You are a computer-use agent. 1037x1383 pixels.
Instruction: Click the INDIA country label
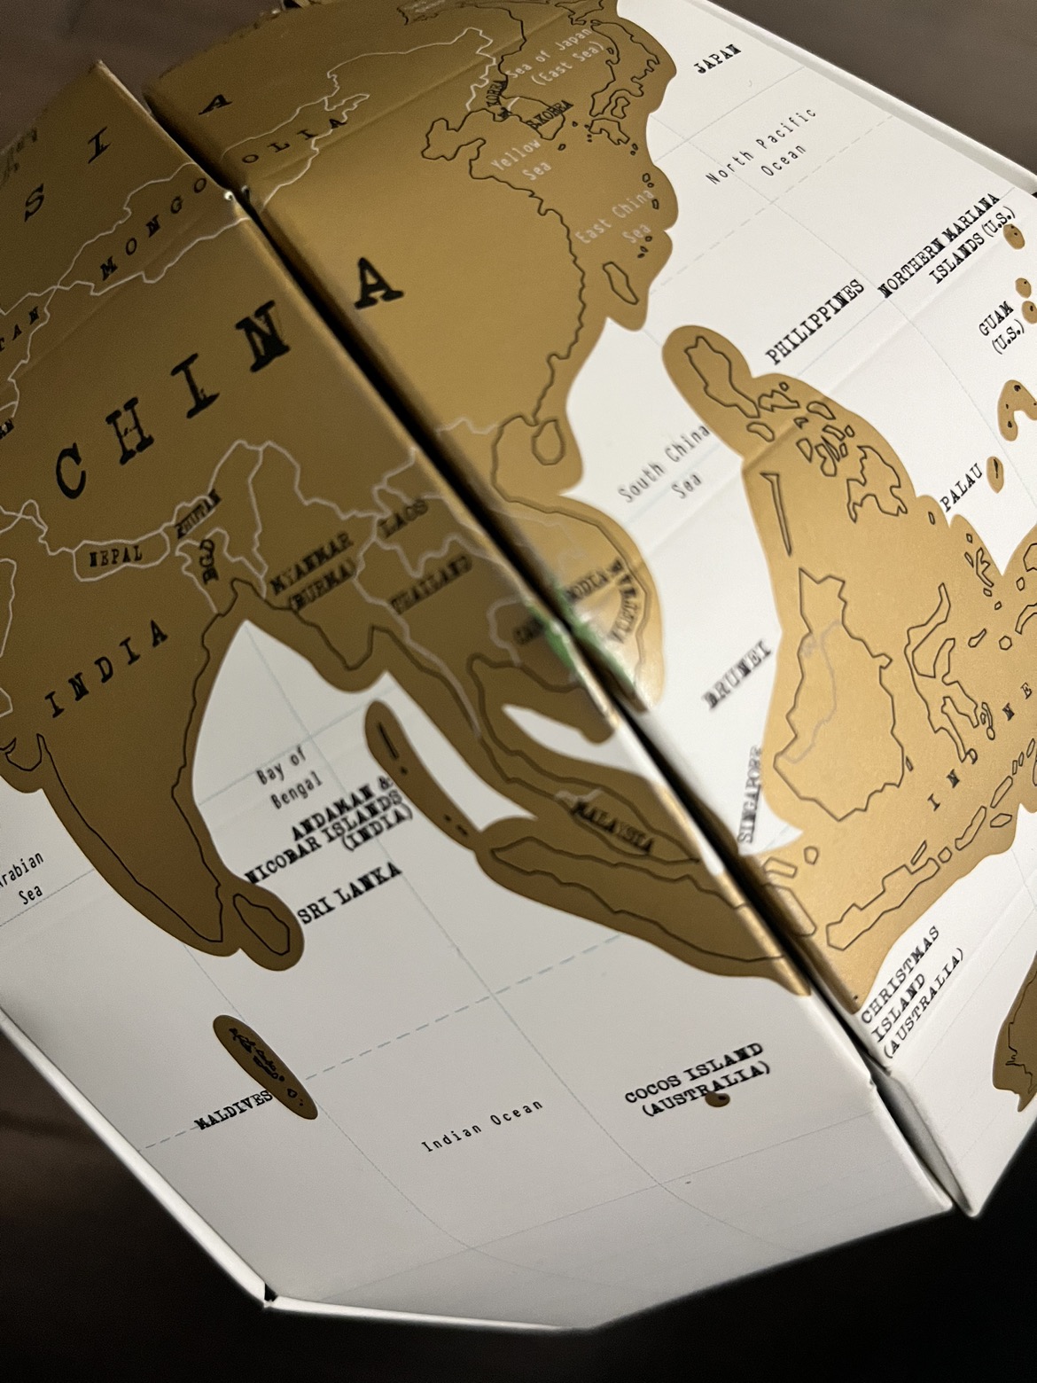coord(110,669)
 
